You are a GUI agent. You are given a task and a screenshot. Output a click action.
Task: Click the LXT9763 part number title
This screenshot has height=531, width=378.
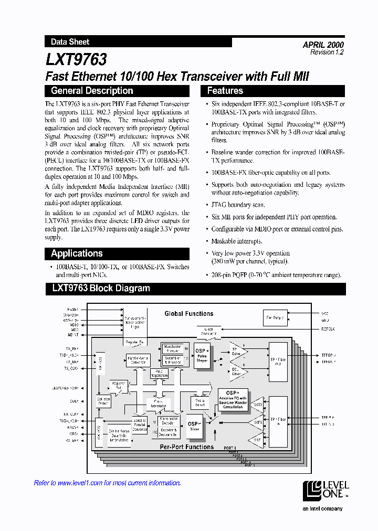[77, 58]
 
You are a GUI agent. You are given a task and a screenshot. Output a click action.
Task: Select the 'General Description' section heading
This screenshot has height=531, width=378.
[92, 91]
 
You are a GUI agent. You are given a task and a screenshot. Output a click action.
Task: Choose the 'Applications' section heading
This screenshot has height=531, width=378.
[77, 253]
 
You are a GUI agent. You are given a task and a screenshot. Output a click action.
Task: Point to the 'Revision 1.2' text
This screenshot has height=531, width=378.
[327, 52]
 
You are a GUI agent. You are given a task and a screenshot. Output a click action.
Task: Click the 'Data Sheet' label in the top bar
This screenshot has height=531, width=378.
[70, 41]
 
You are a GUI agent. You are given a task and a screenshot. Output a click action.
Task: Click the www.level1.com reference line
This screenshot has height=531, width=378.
[108, 483]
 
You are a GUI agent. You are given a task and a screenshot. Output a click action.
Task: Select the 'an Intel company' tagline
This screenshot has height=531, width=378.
[323, 508]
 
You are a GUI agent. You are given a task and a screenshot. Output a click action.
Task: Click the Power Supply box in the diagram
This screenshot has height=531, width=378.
[275, 317]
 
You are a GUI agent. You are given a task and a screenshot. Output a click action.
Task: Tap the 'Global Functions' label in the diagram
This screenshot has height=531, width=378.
[189, 314]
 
